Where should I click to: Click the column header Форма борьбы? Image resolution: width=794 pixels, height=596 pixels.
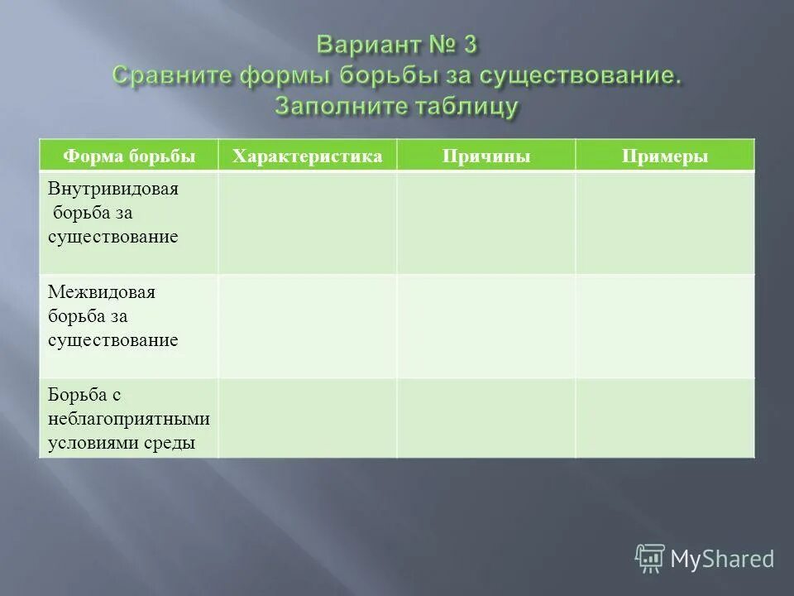coord(129,156)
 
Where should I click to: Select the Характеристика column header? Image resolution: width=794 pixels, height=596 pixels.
coord(308,156)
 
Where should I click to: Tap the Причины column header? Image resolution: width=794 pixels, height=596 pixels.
coord(486,156)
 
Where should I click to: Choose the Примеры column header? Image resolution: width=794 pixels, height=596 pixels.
coord(666,156)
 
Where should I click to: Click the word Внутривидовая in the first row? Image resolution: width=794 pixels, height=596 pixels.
coord(113,189)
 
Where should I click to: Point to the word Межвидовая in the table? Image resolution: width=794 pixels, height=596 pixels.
coord(103,293)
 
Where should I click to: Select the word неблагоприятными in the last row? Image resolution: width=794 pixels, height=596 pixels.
coord(128,419)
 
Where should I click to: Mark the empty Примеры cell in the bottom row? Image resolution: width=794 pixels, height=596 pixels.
coord(666,418)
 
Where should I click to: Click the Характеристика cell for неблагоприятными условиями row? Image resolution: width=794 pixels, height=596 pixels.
coord(308,418)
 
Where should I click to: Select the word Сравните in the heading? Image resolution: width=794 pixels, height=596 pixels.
coord(172,75)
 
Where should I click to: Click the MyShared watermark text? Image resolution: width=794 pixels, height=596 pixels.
coord(722,559)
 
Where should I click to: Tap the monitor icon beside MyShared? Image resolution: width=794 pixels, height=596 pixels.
coord(650,559)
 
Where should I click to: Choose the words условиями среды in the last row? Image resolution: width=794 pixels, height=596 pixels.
coord(122,442)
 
